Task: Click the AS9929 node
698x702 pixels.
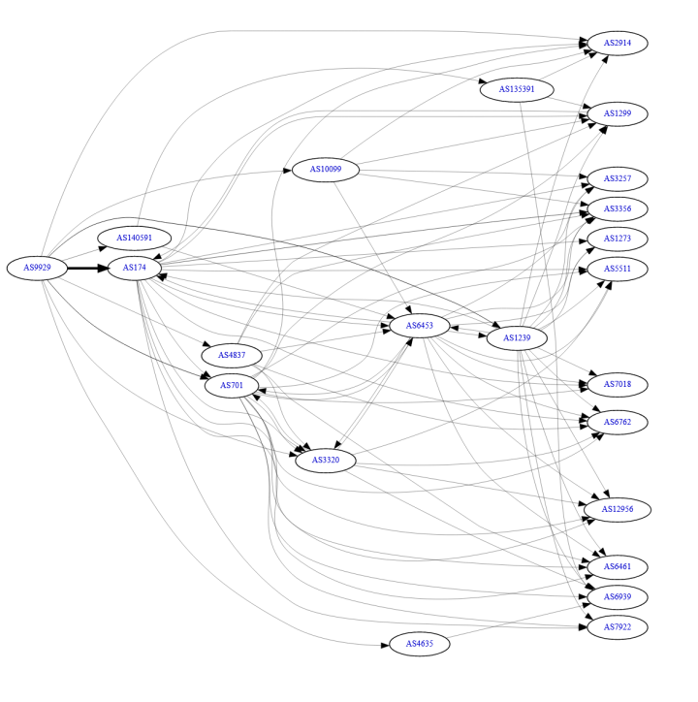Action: [37, 268]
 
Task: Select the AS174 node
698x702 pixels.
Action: [135, 268]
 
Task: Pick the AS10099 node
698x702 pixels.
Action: [325, 170]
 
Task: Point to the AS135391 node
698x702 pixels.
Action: [517, 89]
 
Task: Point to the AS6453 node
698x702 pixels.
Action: [420, 326]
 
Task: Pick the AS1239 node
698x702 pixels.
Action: [517, 338]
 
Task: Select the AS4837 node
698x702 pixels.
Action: [232, 355]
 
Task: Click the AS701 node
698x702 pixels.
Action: [232, 385]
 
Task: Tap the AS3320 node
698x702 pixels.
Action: [325, 460]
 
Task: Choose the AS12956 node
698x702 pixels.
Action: [618, 509]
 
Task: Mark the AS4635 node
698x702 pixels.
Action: [420, 644]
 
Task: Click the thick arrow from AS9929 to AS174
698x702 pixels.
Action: [86, 268]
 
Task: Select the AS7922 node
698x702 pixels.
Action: [618, 626]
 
